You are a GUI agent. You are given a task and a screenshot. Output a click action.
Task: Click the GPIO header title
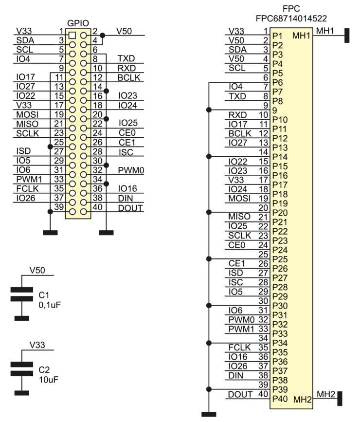77,23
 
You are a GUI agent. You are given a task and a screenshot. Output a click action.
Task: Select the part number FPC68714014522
291,18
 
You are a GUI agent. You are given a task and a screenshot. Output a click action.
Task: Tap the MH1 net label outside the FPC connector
325,31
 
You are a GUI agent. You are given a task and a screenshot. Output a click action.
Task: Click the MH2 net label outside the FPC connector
325,394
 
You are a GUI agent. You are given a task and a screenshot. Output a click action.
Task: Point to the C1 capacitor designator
44,295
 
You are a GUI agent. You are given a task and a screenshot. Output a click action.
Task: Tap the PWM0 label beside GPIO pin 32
130,170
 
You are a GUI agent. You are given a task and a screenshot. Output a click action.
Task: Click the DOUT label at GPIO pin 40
130,208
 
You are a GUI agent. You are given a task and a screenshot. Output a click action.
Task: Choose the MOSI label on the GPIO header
25,114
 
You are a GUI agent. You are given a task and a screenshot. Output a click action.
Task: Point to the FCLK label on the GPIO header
25,188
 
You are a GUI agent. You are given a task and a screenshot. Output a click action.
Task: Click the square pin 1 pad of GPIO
72,36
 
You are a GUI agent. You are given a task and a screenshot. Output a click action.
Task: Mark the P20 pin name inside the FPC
280,212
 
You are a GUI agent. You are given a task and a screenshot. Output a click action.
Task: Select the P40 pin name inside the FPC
280,399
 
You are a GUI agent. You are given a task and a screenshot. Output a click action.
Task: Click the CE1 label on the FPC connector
236,263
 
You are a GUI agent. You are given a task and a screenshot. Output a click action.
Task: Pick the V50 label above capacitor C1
38,271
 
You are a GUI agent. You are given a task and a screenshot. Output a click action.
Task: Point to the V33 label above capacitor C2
37,345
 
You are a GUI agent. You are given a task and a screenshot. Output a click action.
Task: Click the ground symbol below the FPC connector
209,414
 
